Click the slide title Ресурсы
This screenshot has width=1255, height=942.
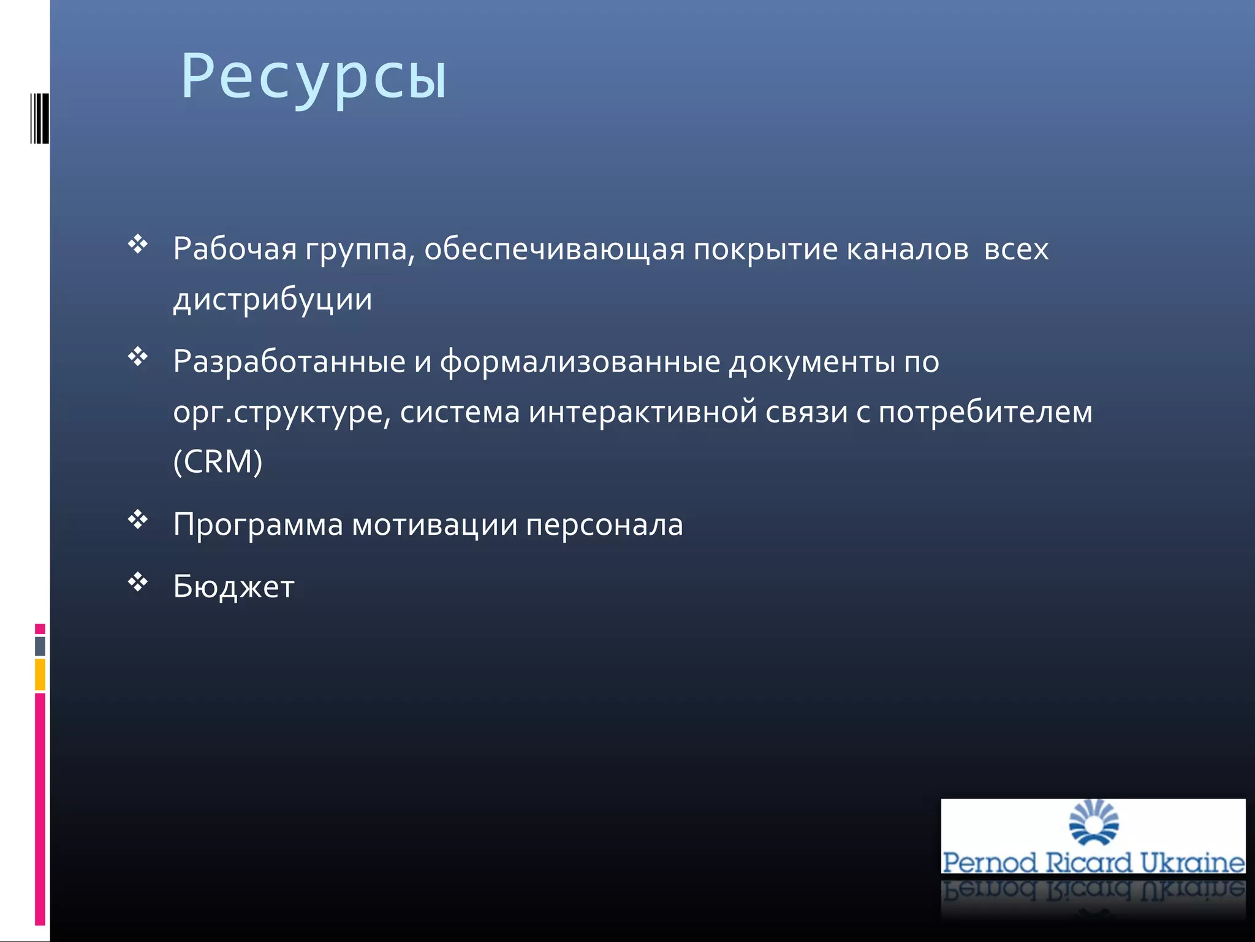(314, 77)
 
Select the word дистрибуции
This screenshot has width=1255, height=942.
(273, 300)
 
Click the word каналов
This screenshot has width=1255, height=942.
(908, 250)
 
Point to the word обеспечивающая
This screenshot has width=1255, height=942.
(555, 250)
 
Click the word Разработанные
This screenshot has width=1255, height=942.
(289, 362)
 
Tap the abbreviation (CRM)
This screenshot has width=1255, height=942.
(218, 462)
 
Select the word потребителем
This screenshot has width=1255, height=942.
(985, 412)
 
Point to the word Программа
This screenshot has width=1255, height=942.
(258, 525)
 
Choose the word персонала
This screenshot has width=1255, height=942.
(604, 525)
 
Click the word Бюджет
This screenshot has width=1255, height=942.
(233, 587)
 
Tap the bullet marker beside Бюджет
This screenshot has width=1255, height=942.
(138, 582)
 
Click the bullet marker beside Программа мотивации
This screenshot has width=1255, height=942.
(138, 519)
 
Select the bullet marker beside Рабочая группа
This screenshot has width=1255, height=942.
(138, 244)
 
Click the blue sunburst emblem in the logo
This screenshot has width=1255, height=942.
(1094, 822)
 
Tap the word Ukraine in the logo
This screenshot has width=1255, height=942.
(1192, 862)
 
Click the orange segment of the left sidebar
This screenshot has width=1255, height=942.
(40, 675)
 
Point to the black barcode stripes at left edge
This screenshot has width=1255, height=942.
(40, 118)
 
